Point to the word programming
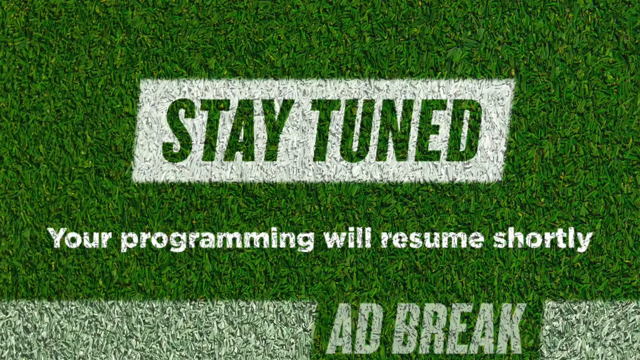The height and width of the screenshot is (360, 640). click(217, 239)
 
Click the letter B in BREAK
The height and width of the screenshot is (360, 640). click(411, 328)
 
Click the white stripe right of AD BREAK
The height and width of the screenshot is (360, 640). click(589, 330)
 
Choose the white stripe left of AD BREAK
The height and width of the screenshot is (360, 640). click(157, 330)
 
